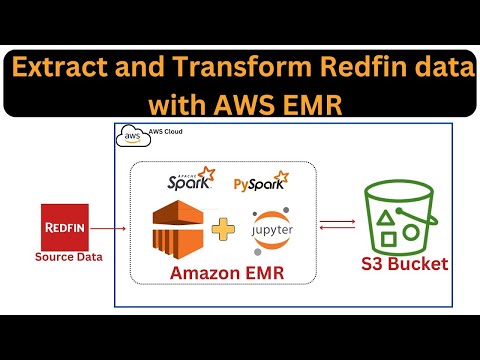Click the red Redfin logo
pos(68,227)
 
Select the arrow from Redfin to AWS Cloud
pos(113,228)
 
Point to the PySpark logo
pos(258,183)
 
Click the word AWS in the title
pos(245,103)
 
